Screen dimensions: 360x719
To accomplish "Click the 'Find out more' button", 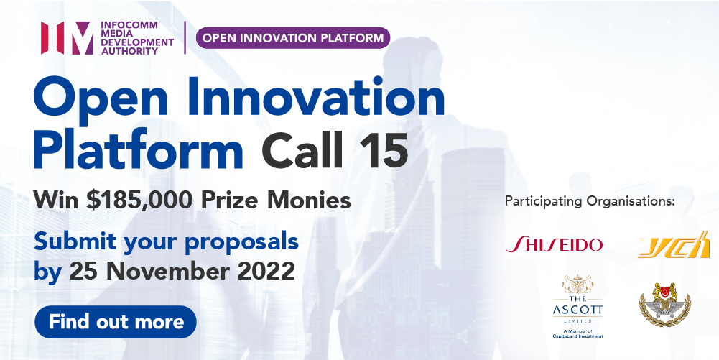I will coord(116,321).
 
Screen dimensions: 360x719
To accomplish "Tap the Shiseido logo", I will coord(554,244).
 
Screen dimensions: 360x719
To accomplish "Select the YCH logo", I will coord(674,246).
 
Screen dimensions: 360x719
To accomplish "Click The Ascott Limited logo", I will coord(577,305).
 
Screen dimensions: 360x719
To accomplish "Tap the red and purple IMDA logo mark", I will coord(66,38).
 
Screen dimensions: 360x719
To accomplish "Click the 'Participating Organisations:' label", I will coord(590,200).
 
